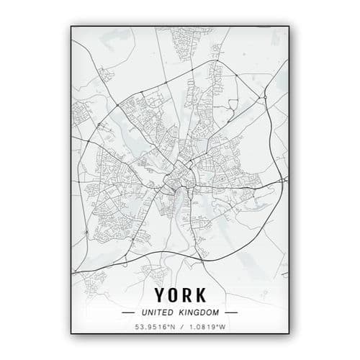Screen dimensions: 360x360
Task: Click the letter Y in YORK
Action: click(158, 295)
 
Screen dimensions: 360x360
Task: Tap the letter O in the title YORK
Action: click(172, 295)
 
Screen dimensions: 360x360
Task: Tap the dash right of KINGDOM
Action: click(231, 313)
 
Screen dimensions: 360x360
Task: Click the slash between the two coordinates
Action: click(180, 328)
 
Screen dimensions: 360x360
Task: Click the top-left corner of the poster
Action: click(71, 25)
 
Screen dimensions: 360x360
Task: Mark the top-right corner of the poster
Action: click(288, 25)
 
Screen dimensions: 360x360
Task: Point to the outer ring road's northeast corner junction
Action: click(264, 96)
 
